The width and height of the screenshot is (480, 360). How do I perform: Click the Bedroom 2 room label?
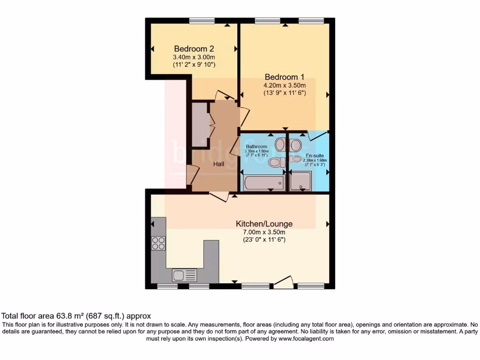click(194, 49)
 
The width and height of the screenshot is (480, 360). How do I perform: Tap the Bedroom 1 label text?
click(285, 77)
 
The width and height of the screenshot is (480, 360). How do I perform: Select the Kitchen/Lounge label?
click(264, 224)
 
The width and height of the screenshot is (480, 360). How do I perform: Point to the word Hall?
click(219, 164)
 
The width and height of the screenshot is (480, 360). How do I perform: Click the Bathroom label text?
click(256, 147)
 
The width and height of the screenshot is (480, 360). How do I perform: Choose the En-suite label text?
click(315, 155)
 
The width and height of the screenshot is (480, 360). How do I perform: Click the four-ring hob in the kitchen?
click(158, 243)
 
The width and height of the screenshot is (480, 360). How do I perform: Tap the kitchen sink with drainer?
click(184, 275)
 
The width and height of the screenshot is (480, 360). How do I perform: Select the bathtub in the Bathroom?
click(264, 183)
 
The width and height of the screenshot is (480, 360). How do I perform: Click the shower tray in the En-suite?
click(300, 181)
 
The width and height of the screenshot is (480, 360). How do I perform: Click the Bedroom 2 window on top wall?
click(202, 21)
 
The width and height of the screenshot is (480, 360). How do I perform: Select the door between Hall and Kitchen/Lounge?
click(219, 196)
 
